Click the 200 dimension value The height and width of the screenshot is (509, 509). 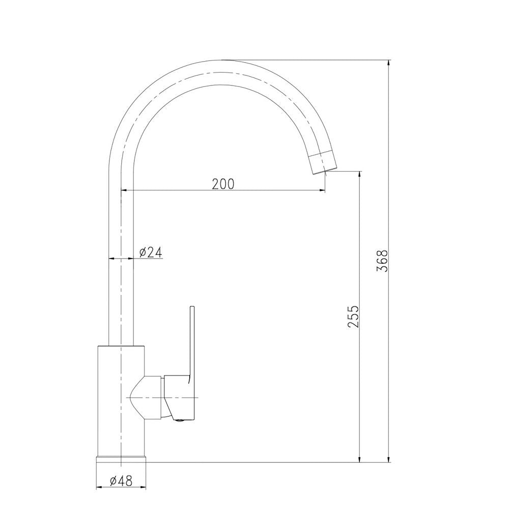[223, 184]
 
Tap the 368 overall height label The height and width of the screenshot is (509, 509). [383, 260]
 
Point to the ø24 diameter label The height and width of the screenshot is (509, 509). [150, 251]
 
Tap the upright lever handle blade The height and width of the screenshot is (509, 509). [192, 341]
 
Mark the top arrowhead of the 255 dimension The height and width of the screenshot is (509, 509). [360, 175]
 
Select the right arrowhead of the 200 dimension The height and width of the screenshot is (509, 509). [322, 191]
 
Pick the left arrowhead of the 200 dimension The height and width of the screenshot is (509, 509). [124, 191]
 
